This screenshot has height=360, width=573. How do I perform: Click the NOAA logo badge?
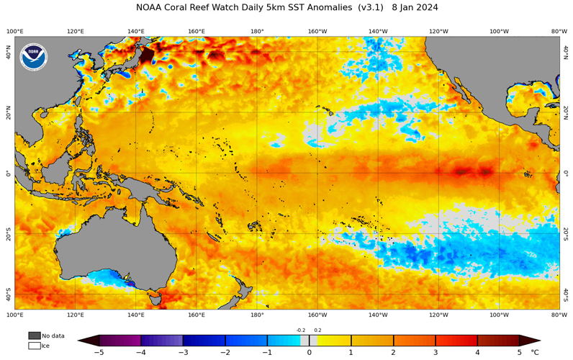33,57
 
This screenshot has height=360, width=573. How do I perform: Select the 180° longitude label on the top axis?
257,31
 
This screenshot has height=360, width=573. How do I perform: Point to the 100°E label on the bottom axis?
15,315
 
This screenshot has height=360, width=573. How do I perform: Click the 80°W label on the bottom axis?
559,315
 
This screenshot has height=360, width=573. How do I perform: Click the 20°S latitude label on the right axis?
566,233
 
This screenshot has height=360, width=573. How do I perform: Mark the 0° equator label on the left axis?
7,174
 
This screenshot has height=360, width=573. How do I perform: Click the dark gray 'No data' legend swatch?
34,336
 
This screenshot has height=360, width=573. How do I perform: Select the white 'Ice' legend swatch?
34,346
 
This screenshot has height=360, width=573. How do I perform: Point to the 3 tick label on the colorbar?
435,353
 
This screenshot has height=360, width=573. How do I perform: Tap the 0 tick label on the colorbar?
310,353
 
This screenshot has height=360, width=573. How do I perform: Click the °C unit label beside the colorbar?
535,353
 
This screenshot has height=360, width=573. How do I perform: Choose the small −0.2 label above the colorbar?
300,330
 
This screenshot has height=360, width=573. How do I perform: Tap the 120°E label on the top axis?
76,31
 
